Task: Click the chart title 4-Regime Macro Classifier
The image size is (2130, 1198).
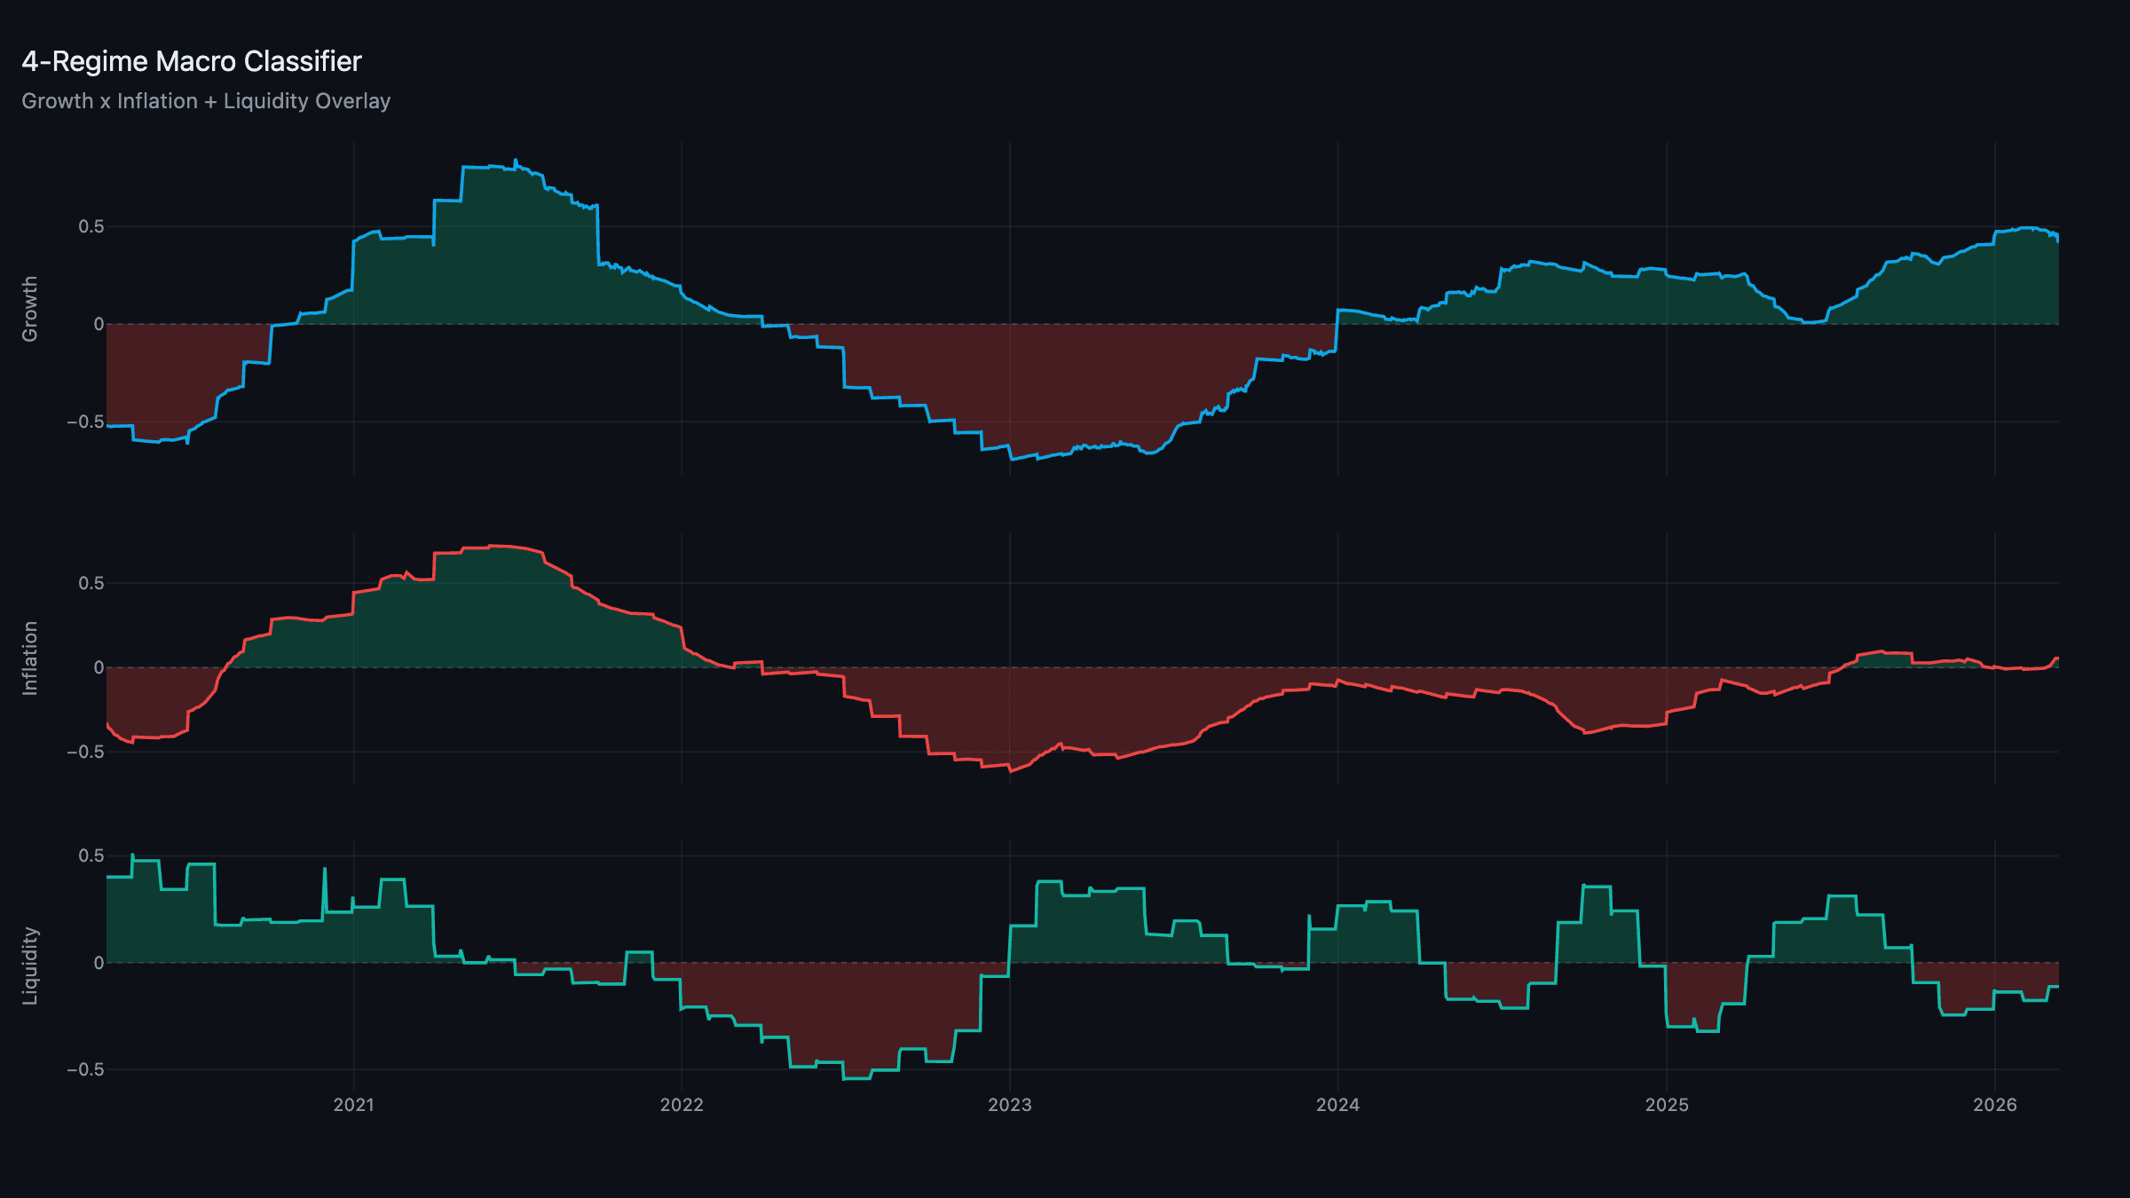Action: tap(191, 61)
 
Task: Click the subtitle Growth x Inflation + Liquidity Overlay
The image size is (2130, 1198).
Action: tap(206, 101)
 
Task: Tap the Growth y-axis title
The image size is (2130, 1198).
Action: tap(30, 309)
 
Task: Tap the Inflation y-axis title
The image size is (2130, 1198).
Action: tap(30, 658)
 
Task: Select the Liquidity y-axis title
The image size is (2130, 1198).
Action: tap(30, 965)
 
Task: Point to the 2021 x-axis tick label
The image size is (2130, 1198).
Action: tap(353, 1105)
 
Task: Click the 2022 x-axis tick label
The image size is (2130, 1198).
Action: tap(682, 1105)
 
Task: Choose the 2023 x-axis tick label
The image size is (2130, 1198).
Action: tap(1010, 1105)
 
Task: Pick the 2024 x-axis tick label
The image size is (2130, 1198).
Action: tap(1337, 1105)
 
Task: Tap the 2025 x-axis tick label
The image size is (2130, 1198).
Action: tap(1667, 1105)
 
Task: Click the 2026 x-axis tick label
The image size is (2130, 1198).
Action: tap(1994, 1105)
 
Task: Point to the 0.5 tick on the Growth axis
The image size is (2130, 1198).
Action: tap(91, 226)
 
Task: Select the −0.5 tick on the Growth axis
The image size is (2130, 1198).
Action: tap(85, 422)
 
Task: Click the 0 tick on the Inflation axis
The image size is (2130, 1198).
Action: tap(99, 667)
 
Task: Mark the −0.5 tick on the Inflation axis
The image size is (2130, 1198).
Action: tap(85, 752)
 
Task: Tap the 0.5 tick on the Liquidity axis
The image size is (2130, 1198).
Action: tap(91, 855)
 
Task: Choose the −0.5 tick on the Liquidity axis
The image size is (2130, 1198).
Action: tap(85, 1069)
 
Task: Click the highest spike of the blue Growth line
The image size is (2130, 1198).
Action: tap(515, 160)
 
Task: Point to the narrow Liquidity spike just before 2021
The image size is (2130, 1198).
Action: tap(325, 869)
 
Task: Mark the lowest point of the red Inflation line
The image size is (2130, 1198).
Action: tap(1011, 771)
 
